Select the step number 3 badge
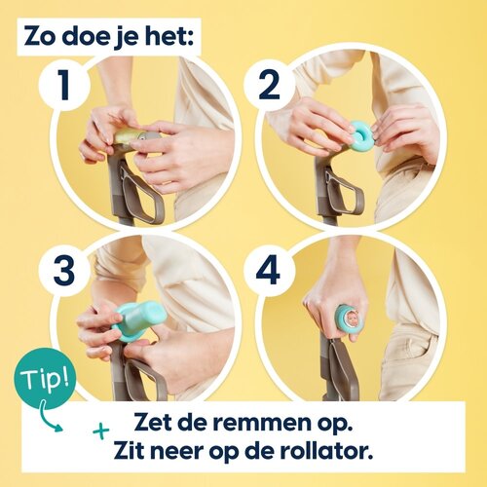(x=65, y=272)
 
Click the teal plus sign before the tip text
(x=100, y=430)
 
